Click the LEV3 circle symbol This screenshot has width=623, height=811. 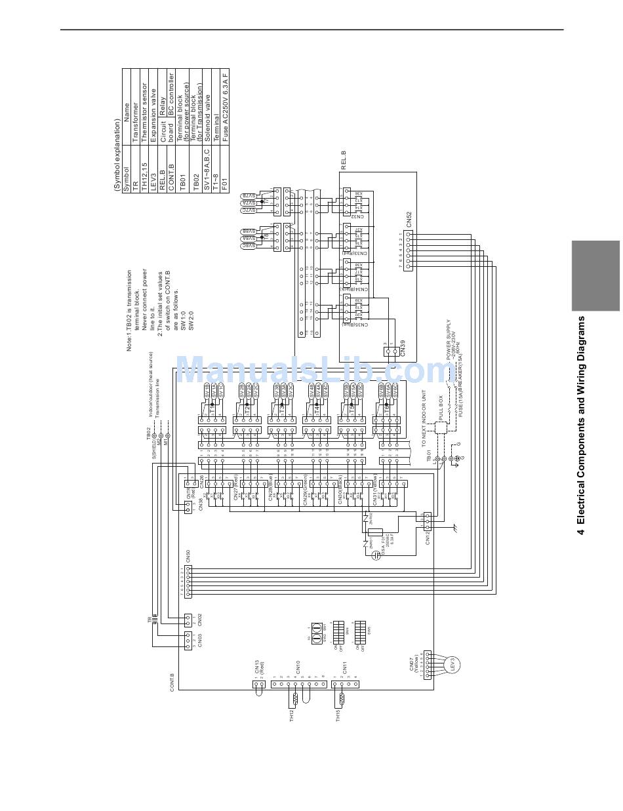tap(451, 664)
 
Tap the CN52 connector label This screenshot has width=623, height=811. tap(409, 218)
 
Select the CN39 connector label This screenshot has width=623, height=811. tap(402, 347)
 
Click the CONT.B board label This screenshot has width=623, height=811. tap(172, 682)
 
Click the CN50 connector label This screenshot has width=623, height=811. tap(188, 557)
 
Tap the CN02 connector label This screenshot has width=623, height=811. tap(200, 620)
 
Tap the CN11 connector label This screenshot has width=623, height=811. tap(344, 667)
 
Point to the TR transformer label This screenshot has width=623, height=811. tap(150, 619)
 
